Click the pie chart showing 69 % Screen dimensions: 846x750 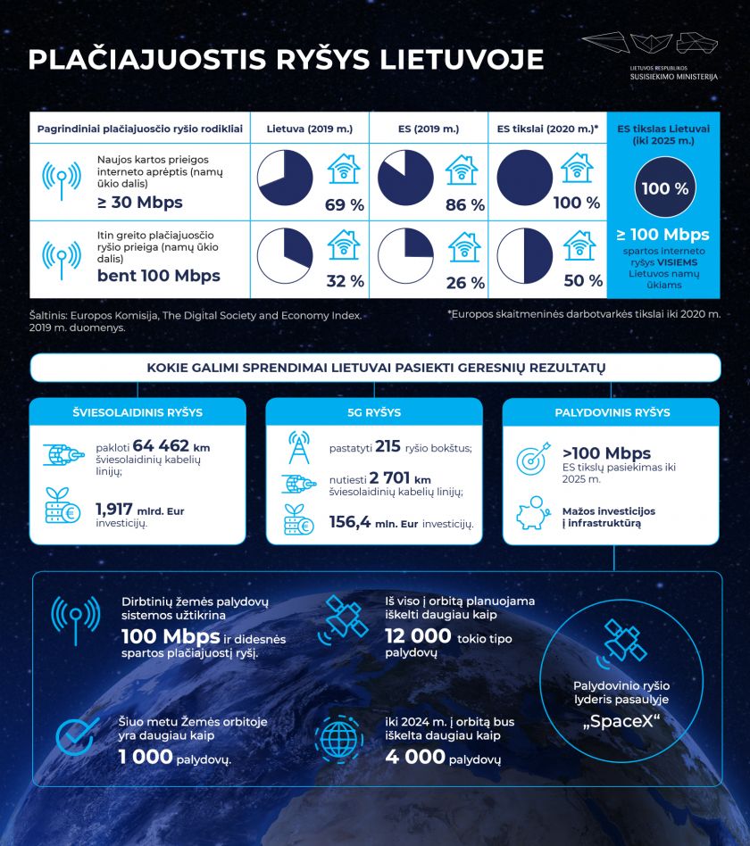[x=286, y=178]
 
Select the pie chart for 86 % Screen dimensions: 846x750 [x=405, y=178]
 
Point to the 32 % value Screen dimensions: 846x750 [x=346, y=281]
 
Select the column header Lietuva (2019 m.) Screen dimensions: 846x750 [x=309, y=129]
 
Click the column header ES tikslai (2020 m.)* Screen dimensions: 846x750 [x=547, y=129]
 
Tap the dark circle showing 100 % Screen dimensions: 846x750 [x=664, y=189]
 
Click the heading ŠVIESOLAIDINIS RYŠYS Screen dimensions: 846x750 [x=137, y=412]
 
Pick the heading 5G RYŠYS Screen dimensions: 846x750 [x=374, y=412]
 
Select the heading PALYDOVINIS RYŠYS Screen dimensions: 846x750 [x=612, y=412]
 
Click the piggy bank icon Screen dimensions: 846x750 [x=533, y=514]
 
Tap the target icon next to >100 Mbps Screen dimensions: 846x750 [x=534, y=461]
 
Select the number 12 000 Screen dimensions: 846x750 [x=418, y=635]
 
